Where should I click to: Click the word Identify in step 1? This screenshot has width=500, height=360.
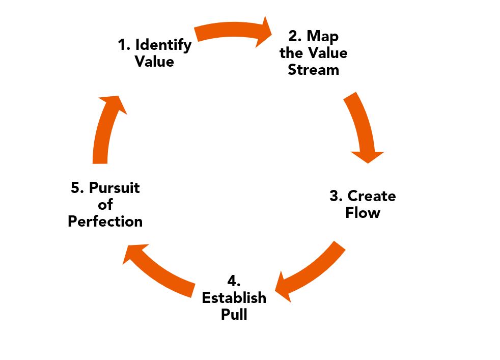[163, 45]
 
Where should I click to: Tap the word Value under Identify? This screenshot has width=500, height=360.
[154, 62]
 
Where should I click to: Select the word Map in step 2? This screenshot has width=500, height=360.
[322, 37]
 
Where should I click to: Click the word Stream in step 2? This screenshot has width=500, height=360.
[313, 70]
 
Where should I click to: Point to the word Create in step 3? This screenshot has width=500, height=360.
[371, 196]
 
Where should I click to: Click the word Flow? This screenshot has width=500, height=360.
[363, 212]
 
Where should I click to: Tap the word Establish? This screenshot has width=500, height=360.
[234, 298]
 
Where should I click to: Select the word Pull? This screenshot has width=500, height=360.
[234, 314]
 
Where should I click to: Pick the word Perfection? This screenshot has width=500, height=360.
[105, 221]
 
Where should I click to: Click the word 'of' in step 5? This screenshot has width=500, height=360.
[106, 205]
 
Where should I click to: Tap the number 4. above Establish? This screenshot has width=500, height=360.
[234, 281]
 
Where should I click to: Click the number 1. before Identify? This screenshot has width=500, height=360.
[124, 45]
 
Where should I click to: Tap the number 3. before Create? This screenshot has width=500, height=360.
[337, 196]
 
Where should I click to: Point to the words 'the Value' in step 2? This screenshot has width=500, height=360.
[313, 53]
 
